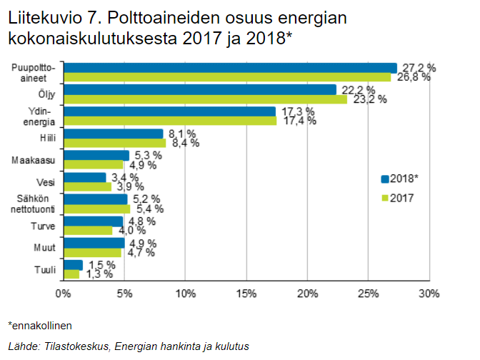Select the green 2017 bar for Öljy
205,99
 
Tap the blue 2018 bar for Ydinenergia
170,111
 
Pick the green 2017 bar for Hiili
114,142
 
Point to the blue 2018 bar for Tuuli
73,265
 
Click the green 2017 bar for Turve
88,230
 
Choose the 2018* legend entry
403,179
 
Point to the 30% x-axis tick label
429,294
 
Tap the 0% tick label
63,294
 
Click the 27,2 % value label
418,67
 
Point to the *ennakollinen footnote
39,325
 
